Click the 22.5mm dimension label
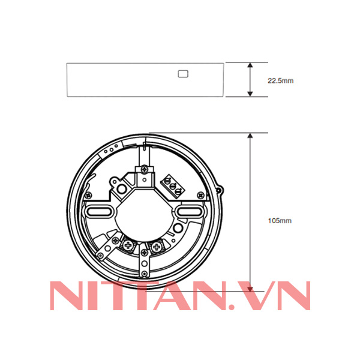(280, 79)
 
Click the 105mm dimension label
(279, 221)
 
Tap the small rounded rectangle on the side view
(183, 74)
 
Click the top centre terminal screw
(144, 171)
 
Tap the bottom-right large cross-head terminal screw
(157, 246)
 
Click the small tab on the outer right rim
(223, 191)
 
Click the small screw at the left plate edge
(88, 195)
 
